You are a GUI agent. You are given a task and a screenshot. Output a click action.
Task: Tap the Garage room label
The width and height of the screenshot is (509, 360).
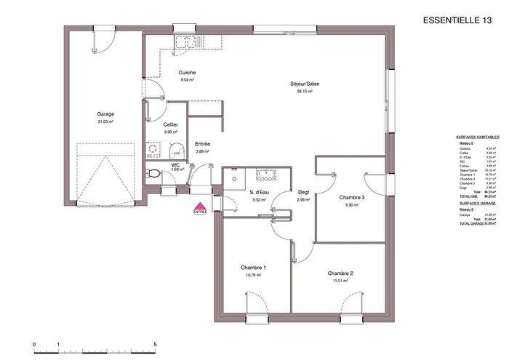[x=106, y=114]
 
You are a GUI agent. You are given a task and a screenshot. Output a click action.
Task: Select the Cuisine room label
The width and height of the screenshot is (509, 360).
[x=188, y=73]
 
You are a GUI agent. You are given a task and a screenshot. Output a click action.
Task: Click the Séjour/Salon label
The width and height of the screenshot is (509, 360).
[x=303, y=84]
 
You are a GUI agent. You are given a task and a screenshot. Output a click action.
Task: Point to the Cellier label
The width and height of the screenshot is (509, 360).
[x=171, y=124]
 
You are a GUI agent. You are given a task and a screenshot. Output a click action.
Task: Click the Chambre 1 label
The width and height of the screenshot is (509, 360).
[x=253, y=268]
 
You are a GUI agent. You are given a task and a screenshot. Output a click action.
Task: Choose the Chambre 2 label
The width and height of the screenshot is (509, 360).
[x=340, y=273]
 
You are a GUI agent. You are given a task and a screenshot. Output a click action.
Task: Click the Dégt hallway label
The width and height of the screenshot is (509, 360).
[x=304, y=192]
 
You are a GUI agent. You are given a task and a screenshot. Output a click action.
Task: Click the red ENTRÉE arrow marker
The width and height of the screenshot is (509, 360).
[x=199, y=207]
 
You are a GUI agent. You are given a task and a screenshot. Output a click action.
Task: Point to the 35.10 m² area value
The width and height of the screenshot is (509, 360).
[x=303, y=92]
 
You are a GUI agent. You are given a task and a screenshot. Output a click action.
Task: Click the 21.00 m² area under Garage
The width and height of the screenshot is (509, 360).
[x=106, y=122]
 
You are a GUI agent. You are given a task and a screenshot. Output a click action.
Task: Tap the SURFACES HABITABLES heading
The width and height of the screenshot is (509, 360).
[x=476, y=137]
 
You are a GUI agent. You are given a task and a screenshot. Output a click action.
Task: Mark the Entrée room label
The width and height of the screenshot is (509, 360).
[x=203, y=144]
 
